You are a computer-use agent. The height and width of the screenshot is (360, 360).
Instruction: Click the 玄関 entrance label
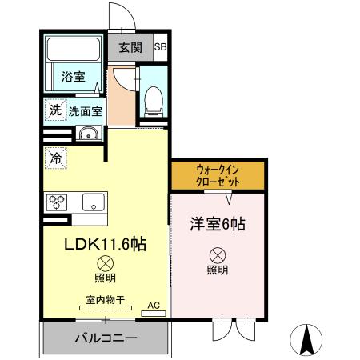[130, 48]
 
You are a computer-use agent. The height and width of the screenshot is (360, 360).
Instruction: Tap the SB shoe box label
[160, 47]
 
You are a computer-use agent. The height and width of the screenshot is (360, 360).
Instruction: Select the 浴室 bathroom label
[74, 77]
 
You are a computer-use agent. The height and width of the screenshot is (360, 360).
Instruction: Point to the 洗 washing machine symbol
[55, 110]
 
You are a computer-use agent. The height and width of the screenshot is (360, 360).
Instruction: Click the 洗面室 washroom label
[86, 111]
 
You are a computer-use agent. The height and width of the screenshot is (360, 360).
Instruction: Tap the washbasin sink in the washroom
[89, 133]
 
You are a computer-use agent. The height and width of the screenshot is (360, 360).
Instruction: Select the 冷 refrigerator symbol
[55, 158]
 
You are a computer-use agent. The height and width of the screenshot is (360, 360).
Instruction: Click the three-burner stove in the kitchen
[57, 202]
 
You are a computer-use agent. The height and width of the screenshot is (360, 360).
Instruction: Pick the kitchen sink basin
[94, 202]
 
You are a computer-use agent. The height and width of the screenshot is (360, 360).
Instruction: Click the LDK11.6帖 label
[105, 244]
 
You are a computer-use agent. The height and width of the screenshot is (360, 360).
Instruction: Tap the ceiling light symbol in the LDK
[106, 264]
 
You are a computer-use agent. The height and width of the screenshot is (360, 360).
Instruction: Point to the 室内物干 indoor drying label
[106, 300]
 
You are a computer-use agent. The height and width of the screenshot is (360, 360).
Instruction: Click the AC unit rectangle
[154, 314]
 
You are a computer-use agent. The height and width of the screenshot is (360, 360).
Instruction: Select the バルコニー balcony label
[106, 338]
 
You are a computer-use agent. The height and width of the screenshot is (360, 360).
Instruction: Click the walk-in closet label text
[218, 176]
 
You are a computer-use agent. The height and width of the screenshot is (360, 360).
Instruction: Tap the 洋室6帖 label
[218, 224]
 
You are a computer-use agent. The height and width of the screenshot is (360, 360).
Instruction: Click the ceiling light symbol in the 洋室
[218, 255]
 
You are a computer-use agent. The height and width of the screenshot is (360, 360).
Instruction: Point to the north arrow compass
[306, 340]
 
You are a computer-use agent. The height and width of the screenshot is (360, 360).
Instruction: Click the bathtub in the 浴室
[74, 50]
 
